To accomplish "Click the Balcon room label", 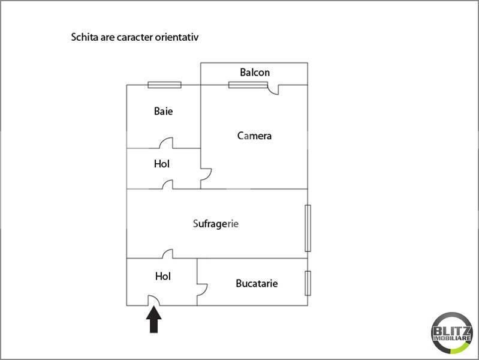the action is [255, 73].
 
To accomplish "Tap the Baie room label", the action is [163, 111].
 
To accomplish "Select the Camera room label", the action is [254, 136].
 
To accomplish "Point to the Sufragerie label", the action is [216, 224].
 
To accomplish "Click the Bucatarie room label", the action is [257, 283].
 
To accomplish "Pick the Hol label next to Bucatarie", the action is [163, 276].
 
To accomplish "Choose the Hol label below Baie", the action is [162, 164].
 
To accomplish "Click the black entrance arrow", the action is [153, 320].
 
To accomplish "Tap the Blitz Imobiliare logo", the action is [452, 333].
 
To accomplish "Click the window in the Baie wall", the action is [165, 85].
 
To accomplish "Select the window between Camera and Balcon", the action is [248, 85].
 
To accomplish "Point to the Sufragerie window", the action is [308, 228].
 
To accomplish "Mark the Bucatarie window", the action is [308, 283].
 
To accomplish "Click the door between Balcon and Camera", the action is [273, 90].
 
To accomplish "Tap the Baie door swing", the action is [166, 143].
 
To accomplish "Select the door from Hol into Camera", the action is [206, 178].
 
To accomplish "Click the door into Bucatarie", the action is [202, 290].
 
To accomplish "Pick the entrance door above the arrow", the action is [153, 301].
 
